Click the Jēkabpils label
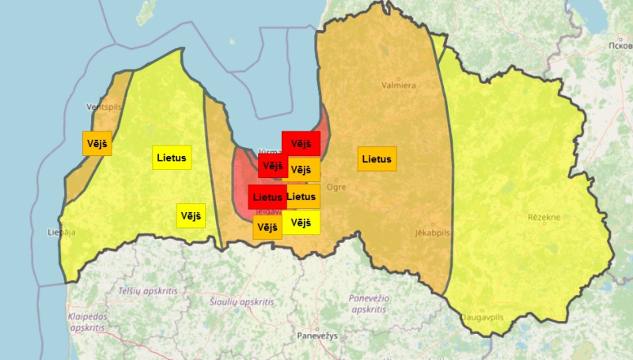pyautogui.click(x=433, y=233)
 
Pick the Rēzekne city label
pyautogui.click(x=544, y=217)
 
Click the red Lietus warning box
pyautogui.click(x=267, y=196)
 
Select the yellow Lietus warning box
pyautogui.click(x=172, y=157)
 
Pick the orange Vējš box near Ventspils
pyautogui.click(x=97, y=143)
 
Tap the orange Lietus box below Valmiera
pyautogui.click(x=377, y=159)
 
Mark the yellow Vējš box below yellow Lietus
pyautogui.click(x=191, y=215)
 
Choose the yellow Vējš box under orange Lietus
pyautogui.click(x=301, y=223)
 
